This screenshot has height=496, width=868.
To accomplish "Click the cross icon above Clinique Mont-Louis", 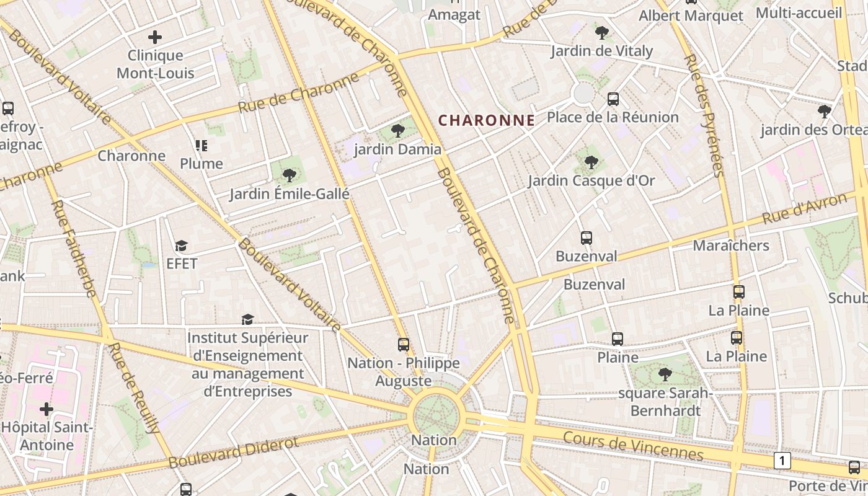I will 155,37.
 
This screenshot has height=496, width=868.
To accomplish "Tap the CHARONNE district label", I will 487,120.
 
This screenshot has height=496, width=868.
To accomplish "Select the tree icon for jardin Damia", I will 398,131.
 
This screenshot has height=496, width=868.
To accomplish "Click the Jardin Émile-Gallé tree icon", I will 289,175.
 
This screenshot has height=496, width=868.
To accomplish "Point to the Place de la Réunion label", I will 613,117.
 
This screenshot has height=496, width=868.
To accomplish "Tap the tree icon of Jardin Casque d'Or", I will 591,162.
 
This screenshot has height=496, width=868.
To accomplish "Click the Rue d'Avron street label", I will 804,209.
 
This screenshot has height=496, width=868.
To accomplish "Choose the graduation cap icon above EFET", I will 181,246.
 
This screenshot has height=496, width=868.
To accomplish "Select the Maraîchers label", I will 730,246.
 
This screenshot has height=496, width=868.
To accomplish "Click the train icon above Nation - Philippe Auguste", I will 404,344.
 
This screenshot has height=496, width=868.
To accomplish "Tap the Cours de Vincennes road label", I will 633,446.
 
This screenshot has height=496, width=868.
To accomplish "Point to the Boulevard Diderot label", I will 233,453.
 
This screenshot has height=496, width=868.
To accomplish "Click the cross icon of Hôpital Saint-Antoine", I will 46,409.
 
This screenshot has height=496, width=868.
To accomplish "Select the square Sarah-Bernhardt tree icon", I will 665,374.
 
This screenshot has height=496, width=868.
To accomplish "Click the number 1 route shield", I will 783,461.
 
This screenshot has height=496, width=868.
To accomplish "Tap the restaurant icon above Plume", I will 201,146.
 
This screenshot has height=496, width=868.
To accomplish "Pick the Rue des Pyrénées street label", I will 704,115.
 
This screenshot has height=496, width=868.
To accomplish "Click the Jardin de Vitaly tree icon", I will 601,33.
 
